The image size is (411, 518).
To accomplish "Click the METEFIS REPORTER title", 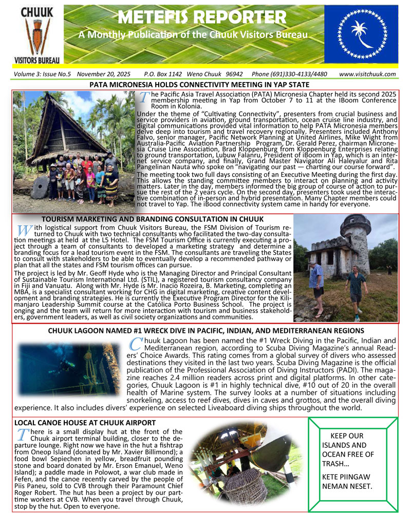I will (201, 17).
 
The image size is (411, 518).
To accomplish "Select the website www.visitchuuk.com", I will (367, 74).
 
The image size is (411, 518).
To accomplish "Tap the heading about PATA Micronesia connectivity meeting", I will (199, 85).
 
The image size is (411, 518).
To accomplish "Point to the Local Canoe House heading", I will (85, 423).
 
